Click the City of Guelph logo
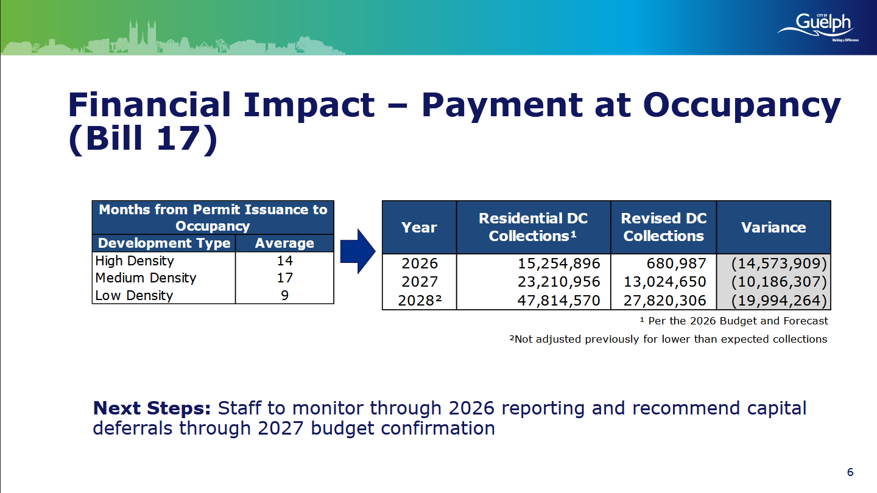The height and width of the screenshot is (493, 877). click(819, 27)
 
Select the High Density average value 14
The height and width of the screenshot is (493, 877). click(284, 260)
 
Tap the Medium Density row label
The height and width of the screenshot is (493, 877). click(146, 278)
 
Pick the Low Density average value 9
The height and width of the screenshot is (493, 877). click(284, 295)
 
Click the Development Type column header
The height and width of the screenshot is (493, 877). click(164, 243)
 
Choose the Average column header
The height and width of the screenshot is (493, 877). click(284, 243)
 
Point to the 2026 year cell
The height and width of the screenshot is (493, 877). click(419, 264)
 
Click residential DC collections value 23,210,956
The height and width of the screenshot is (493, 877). click(558, 282)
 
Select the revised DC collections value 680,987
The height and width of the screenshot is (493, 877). click(676, 264)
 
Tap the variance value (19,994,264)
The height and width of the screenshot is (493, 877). click(779, 301)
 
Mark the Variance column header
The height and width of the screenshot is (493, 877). click(773, 228)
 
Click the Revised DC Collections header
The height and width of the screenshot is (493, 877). click(664, 227)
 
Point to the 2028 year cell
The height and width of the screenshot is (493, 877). click(419, 301)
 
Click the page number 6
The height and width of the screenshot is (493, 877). click(850, 472)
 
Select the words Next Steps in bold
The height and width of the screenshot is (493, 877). click(152, 408)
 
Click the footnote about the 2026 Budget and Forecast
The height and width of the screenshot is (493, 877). click(734, 321)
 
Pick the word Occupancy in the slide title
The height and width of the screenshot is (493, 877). click(742, 106)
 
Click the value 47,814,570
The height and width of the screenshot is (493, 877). click(558, 301)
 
